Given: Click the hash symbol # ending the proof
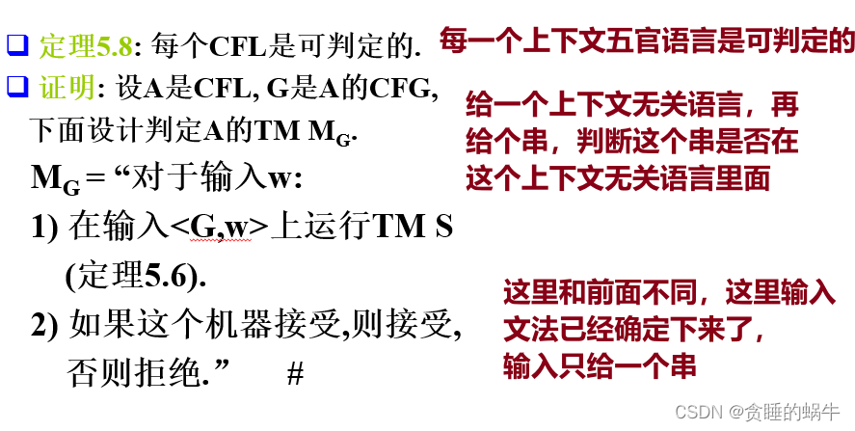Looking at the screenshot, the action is [x=295, y=374].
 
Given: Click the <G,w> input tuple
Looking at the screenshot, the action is [x=219, y=227].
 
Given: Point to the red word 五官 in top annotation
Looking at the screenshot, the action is [x=643, y=40].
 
